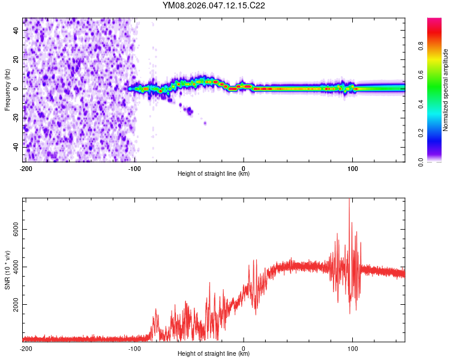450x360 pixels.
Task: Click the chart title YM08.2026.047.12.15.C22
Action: click(214, 6)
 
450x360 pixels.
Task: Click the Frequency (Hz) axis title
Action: click(7, 89)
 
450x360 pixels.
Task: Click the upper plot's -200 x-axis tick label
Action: click(26, 167)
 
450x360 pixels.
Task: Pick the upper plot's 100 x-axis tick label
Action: click(353, 167)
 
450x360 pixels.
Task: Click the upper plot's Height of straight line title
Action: click(214, 174)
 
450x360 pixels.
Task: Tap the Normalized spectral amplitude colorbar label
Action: click(445, 90)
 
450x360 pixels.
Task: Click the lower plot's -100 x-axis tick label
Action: click(134, 347)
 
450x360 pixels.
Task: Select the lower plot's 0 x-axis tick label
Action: click(244, 347)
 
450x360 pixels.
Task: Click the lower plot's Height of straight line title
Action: click(214, 354)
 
